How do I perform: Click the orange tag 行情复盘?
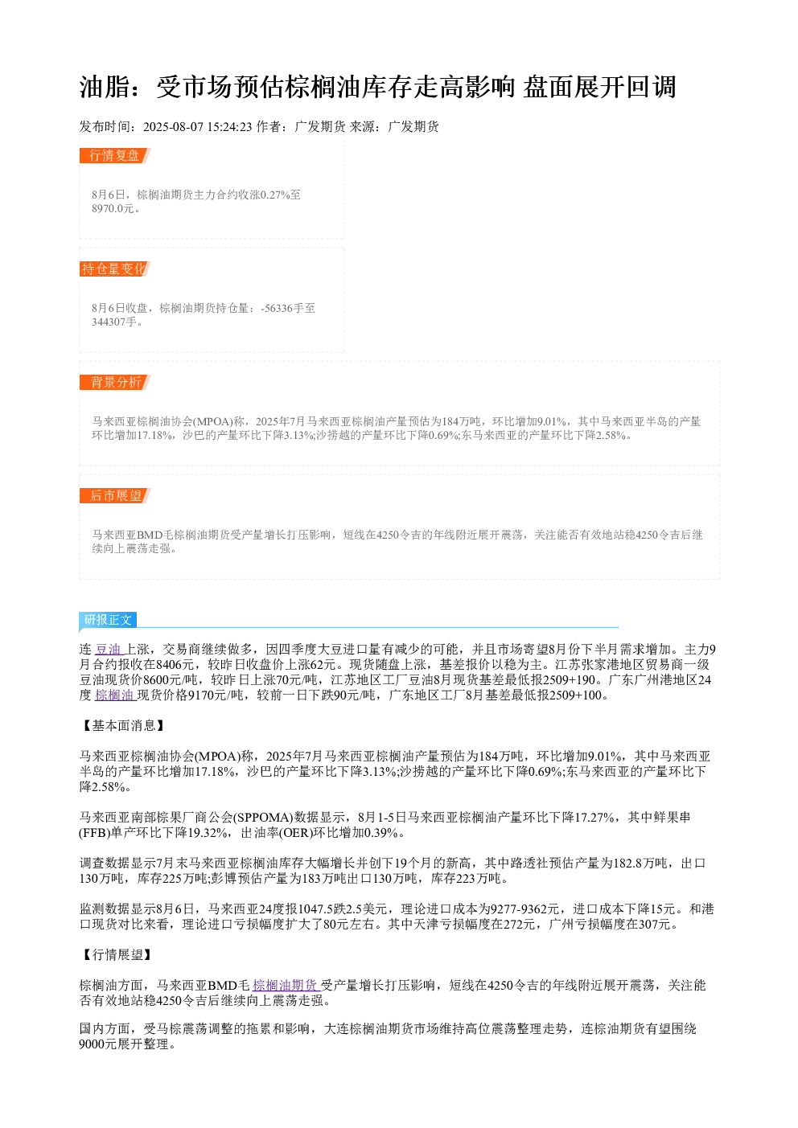114,156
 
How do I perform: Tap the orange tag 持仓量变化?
114,269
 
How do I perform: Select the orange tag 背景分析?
114,382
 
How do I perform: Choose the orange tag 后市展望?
114,495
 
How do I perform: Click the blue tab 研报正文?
108,619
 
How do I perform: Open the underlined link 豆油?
109,650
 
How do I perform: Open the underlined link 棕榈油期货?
286,985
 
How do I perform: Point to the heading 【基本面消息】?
123,726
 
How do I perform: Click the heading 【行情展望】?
117,954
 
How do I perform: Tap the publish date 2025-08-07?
173,127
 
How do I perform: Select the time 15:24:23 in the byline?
229,127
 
